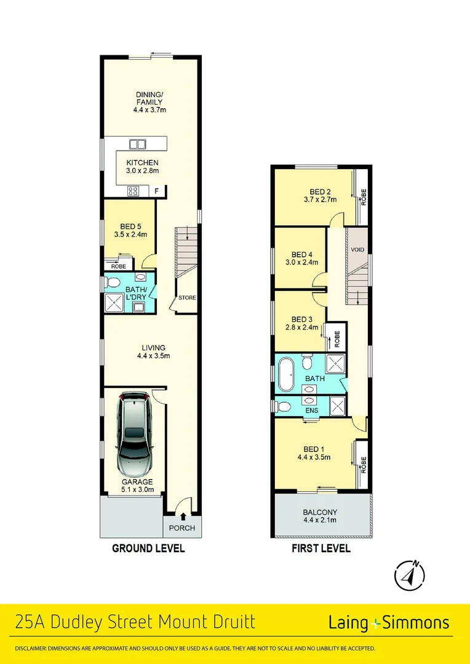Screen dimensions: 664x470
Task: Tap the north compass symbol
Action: (409, 574)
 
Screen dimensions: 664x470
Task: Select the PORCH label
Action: (182, 528)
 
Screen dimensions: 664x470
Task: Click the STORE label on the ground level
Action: (187, 298)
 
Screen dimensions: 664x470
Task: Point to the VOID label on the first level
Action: (357, 250)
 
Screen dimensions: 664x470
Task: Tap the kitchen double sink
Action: (137, 144)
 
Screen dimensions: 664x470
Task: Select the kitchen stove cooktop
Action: (132, 191)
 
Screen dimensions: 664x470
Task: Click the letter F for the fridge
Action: (157, 191)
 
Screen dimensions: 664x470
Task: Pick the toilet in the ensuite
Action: (284, 406)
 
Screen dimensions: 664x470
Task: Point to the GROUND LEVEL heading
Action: (148, 548)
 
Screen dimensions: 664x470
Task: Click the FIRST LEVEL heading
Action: (321, 548)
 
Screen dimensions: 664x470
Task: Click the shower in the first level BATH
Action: (335, 362)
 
